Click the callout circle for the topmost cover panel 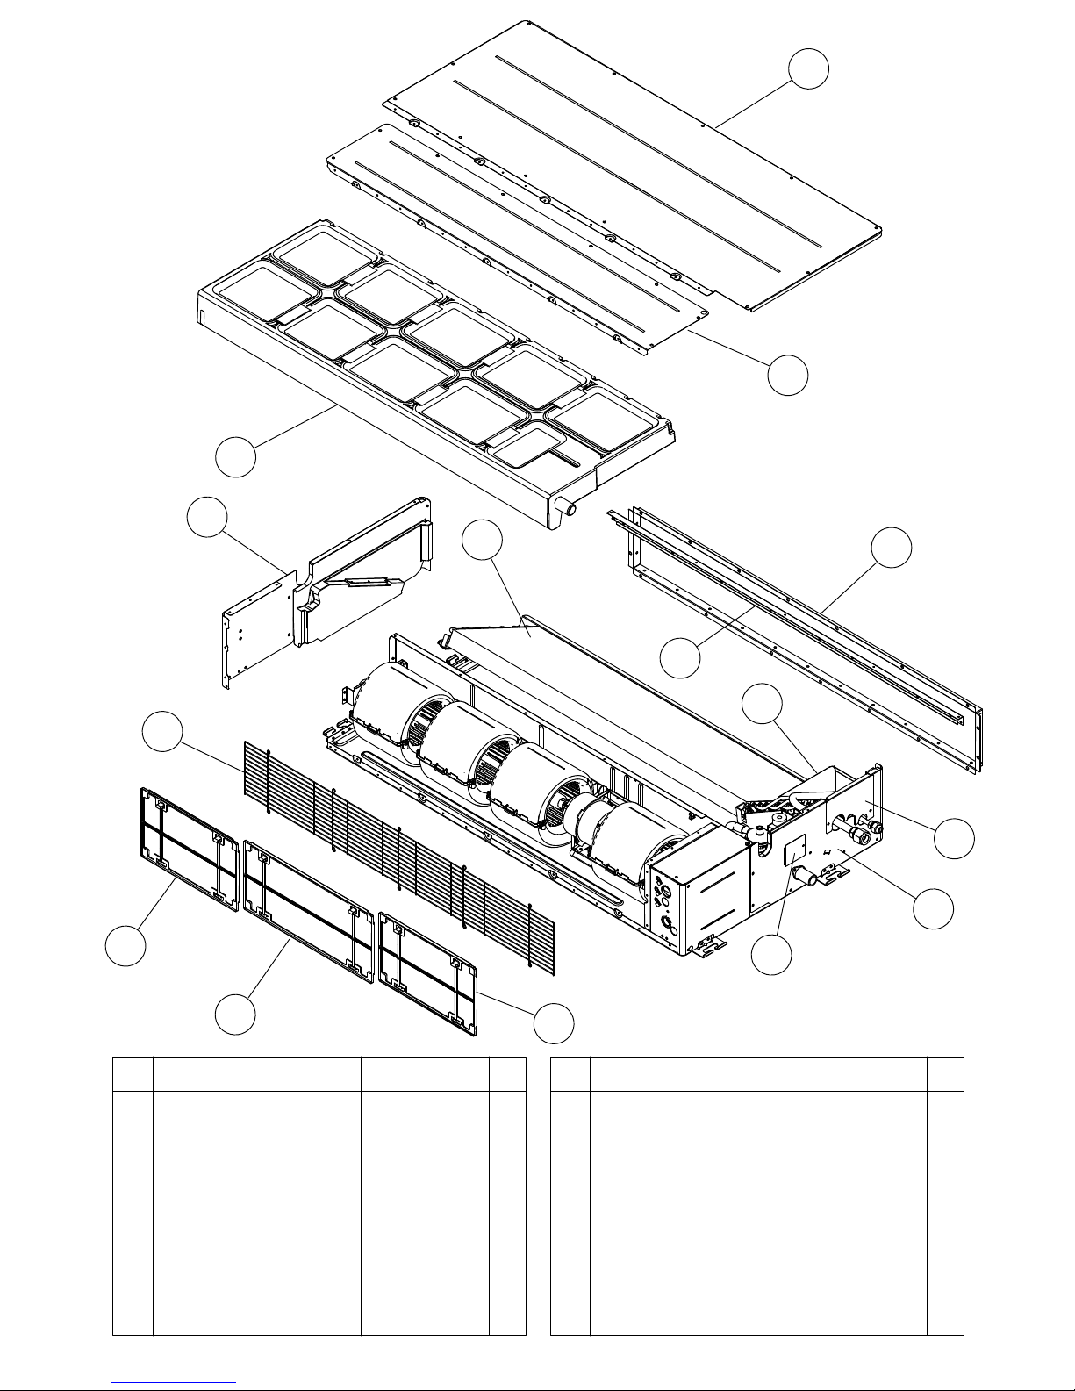click(x=807, y=68)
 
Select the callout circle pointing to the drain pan click(x=237, y=457)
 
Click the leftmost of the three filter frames click(x=190, y=849)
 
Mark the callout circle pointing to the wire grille click(x=164, y=734)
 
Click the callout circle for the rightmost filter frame click(x=555, y=1023)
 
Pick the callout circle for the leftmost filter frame click(x=125, y=947)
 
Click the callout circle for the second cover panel click(x=787, y=375)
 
